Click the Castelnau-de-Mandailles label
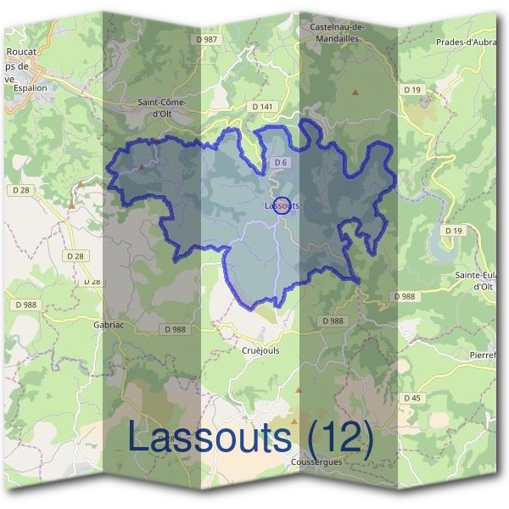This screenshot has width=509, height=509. tap(337, 32)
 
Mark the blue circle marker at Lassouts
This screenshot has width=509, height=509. tap(284, 204)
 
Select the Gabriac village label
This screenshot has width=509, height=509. tap(109, 323)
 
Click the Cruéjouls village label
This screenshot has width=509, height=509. tap(260, 350)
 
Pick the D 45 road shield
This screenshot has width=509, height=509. tap(412, 398)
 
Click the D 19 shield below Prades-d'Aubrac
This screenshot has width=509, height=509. tap(412, 89)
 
